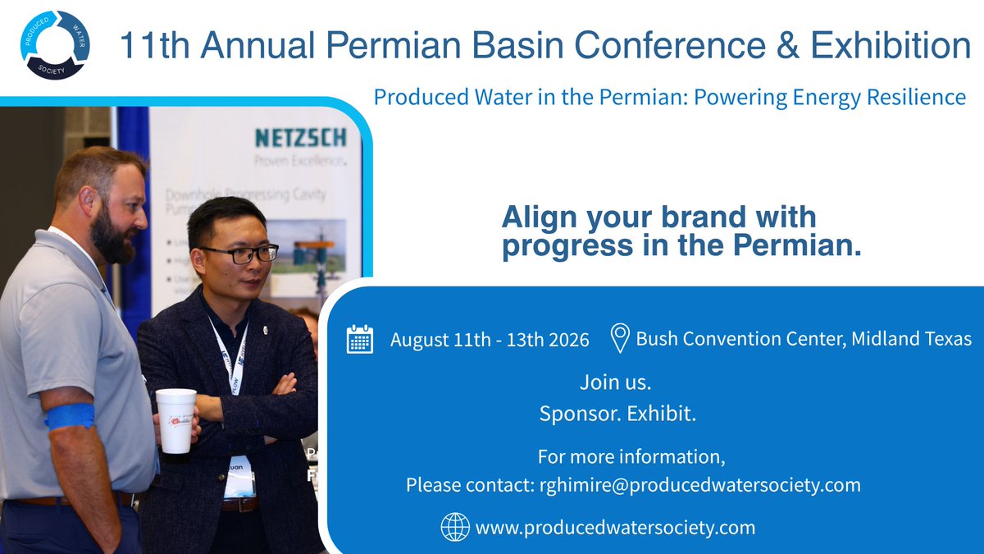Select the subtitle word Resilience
[913, 98]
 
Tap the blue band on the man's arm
[69, 416]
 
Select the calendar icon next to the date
[360, 339]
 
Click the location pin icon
[620, 338]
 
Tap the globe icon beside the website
[455, 527]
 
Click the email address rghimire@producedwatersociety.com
[699, 485]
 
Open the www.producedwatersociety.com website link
[615, 527]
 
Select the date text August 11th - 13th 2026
[490, 340]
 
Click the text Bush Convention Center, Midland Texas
[804, 338]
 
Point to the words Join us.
[615, 382]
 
